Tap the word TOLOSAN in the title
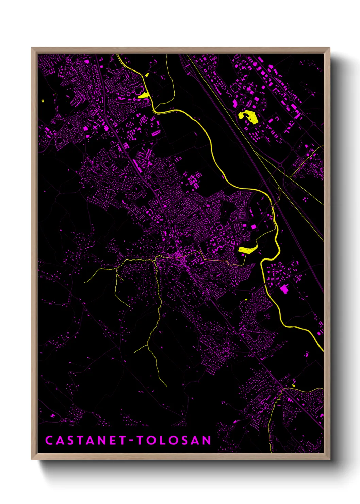click(174, 440)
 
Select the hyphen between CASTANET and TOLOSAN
click(131, 441)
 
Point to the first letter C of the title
click(49, 440)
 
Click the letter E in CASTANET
click(113, 440)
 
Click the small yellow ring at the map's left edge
click(43, 101)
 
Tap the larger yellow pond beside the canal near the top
click(144, 95)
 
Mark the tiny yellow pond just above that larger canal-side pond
click(147, 75)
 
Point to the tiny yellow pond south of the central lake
click(246, 300)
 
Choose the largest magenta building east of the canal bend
click(284, 289)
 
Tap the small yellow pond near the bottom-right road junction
click(294, 385)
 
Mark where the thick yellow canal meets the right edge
click(323, 351)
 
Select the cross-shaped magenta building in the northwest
click(94, 127)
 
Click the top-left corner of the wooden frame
click(32, 48)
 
